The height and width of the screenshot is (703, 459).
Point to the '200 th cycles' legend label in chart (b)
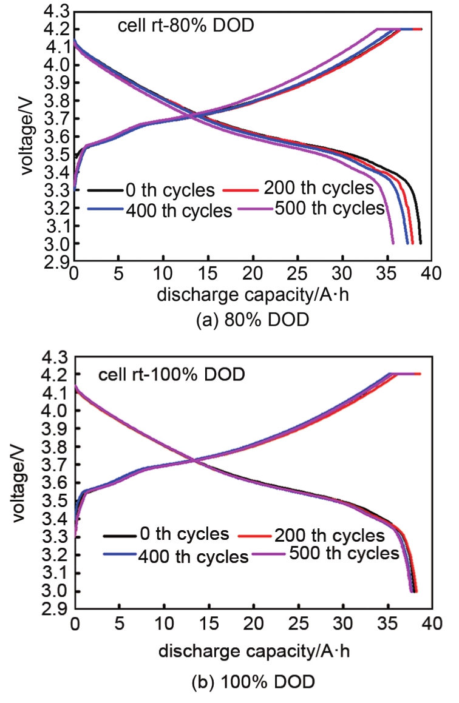(x=329, y=536)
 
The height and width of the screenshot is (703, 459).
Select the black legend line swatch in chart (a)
(x=103, y=190)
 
